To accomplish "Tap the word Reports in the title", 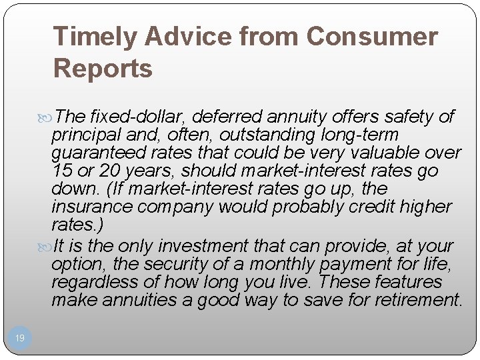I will (103, 68).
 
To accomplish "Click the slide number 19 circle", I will (20, 339).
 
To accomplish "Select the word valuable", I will (389, 153).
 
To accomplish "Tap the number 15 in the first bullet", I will (61, 171).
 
